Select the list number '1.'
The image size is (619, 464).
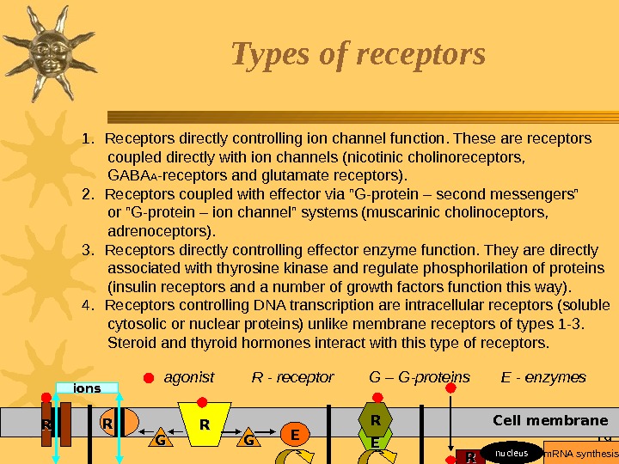tap(88, 138)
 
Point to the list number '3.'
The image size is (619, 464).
tap(88, 250)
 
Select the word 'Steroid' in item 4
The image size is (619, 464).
tap(134, 343)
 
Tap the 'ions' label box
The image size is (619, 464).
tap(88, 388)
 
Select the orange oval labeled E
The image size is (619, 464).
tap(294, 436)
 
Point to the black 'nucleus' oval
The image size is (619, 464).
tap(512, 453)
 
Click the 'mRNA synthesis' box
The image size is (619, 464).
tap(582, 453)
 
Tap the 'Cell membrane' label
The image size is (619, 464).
tap(550, 421)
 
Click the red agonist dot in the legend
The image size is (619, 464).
tap(148, 378)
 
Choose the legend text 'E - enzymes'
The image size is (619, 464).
tap(543, 377)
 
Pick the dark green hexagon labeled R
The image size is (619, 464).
tap(375, 420)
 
